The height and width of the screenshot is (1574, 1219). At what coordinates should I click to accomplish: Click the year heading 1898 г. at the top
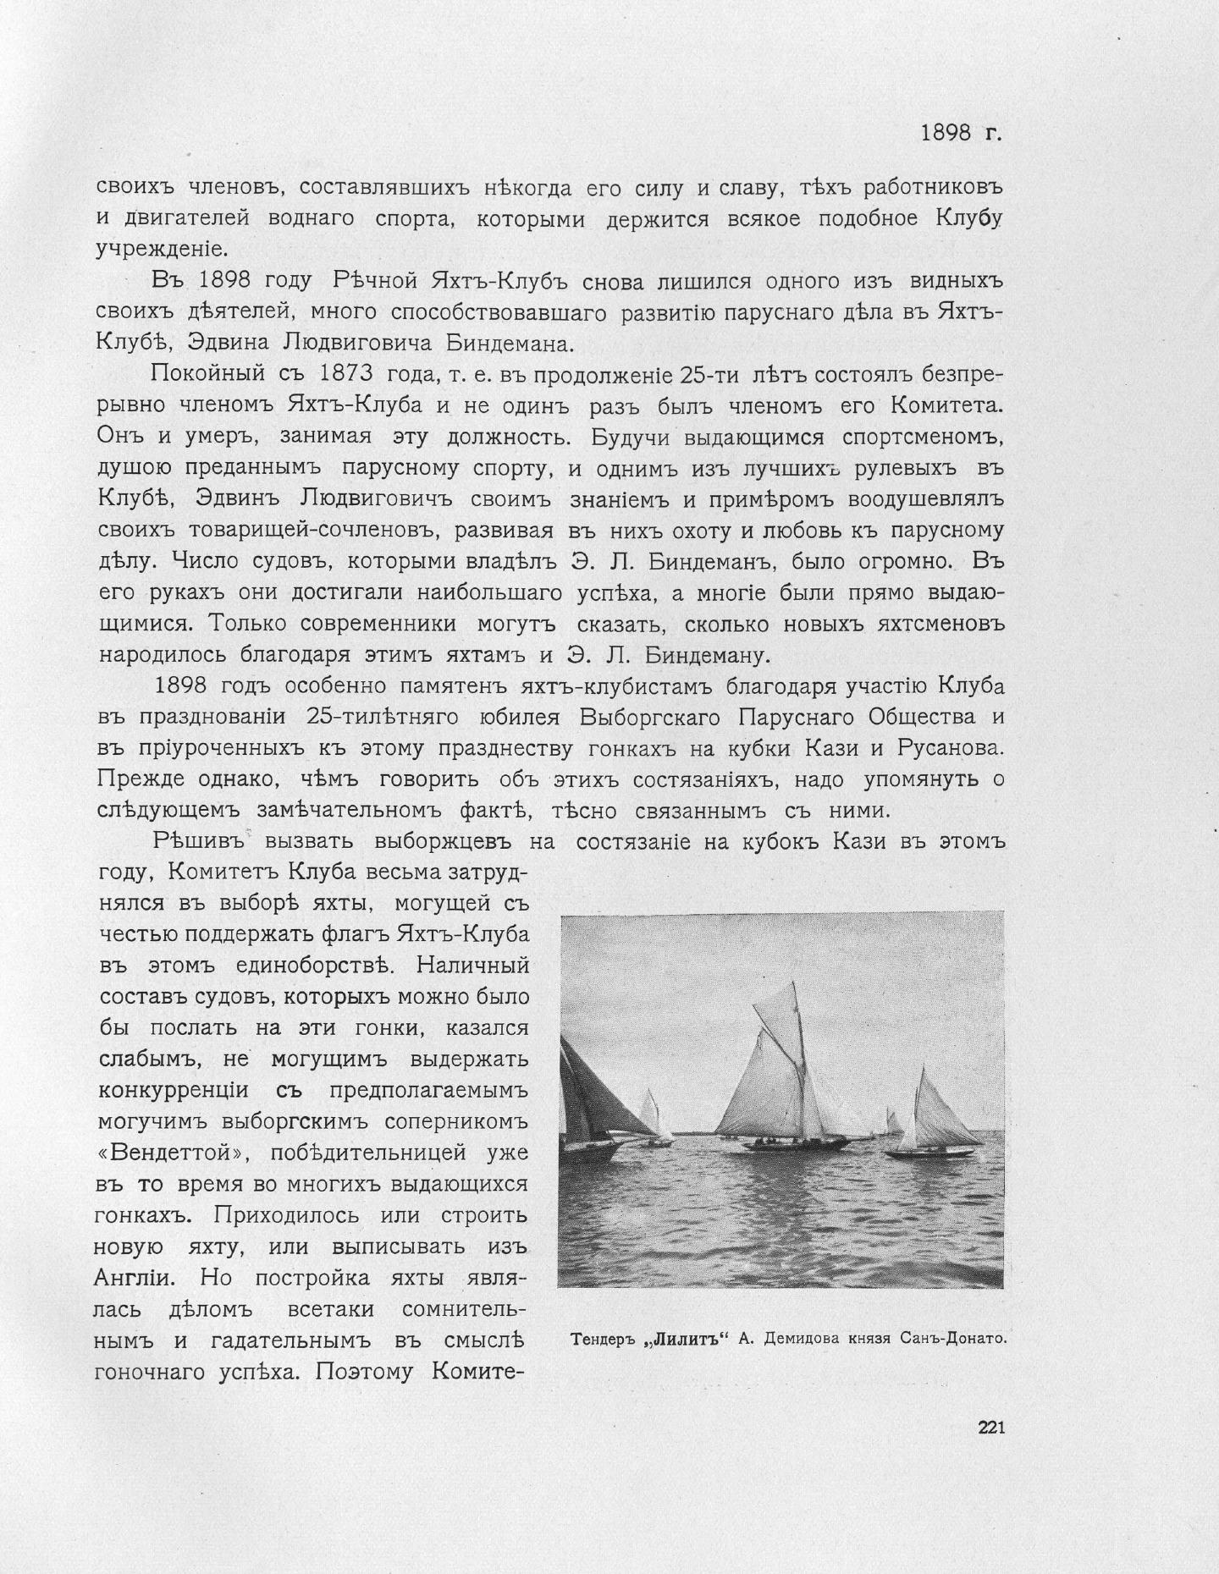tap(961, 133)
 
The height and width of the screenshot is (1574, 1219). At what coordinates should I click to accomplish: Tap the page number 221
tap(990, 1428)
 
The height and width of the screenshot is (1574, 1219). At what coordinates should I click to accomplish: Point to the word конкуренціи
tap(174, 1090)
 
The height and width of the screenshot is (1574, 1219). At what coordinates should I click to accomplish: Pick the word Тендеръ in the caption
tap(602, 1339)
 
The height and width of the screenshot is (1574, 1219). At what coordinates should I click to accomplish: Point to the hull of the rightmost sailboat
tap(929, 1152)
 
